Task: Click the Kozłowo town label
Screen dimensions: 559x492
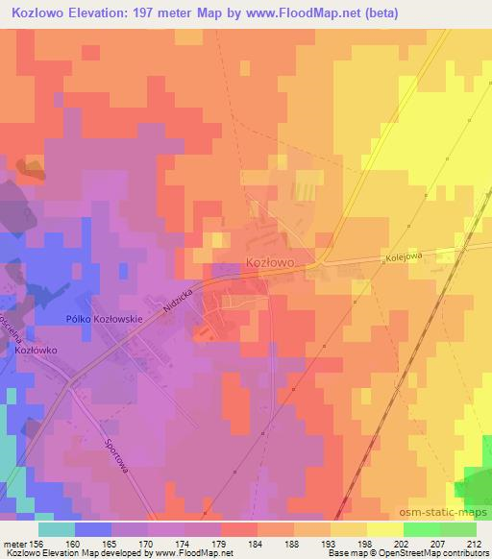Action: pyautogui.click(x=269, y=261)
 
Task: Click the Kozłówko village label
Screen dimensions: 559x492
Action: pyautogui.click(x=37, y=351)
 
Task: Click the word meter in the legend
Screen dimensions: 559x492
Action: pyautogui.click(x=12, y=543)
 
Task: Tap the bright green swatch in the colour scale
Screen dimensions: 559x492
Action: pyautogui.click(x=421, y=529)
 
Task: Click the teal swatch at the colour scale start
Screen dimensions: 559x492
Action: pyautogui.click(x=57, y=529)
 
